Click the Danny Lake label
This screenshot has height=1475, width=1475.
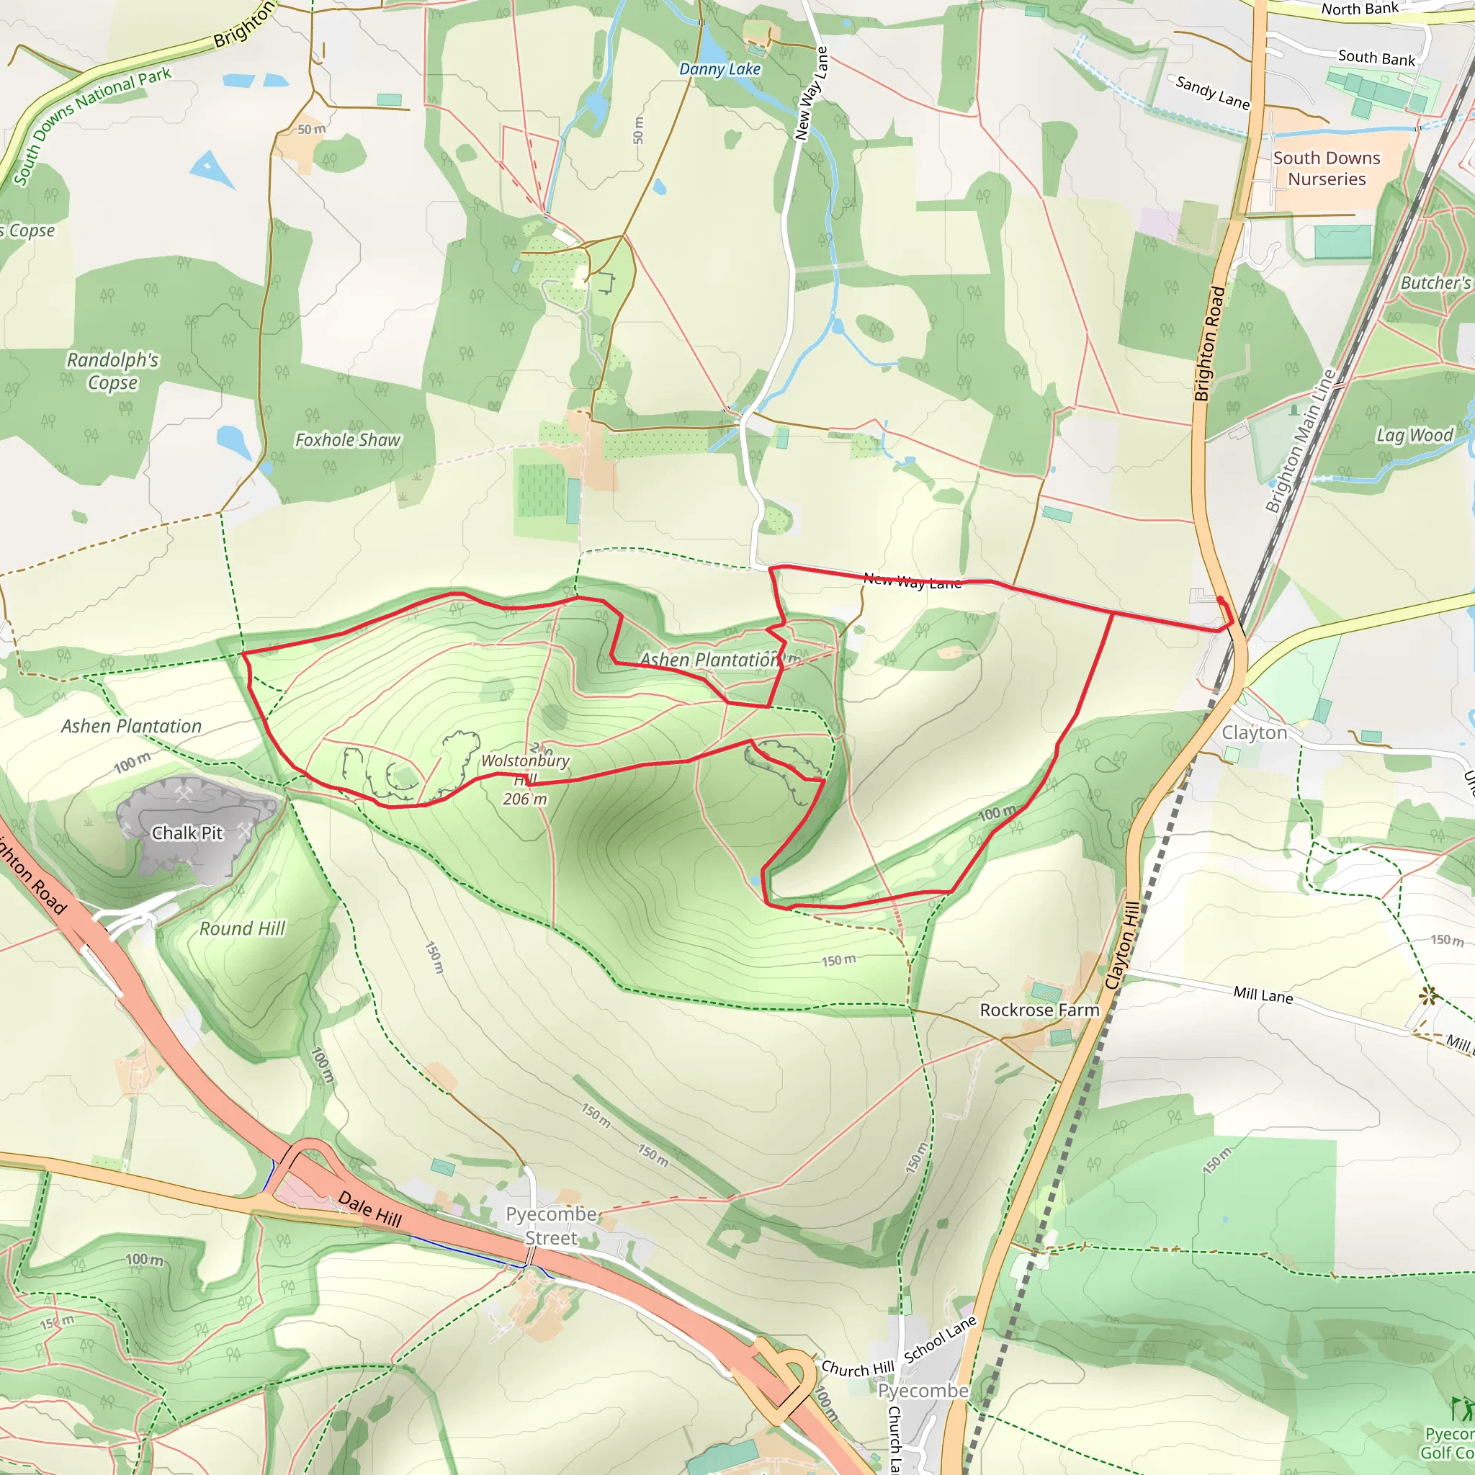pos(719,68)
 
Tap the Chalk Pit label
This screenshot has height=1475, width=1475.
pos(187,833)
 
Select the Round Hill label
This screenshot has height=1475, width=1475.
pos(242,928)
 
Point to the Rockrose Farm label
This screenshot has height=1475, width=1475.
pos(1039,1010)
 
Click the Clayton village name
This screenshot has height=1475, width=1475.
pos(1254,733)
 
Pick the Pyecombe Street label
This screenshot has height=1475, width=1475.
pos(550,1225)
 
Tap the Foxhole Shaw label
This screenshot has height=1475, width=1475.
pos(347,441)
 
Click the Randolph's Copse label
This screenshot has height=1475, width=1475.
pos(113,370)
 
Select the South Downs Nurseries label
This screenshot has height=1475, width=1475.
pos(1326,168)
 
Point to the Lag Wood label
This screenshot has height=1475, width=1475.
pos(1414,435)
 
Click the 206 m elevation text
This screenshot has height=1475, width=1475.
pos(524,799)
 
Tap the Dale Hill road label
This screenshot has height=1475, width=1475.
pos(370,1209)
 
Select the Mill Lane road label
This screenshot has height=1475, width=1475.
pos(1263,994)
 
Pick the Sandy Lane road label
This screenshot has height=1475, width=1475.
pos(1212,92)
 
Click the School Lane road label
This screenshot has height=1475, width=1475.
pos(940,1339)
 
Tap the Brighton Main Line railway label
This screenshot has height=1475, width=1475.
pos(1300,441)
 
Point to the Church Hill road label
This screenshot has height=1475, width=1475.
pos(856,1369)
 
